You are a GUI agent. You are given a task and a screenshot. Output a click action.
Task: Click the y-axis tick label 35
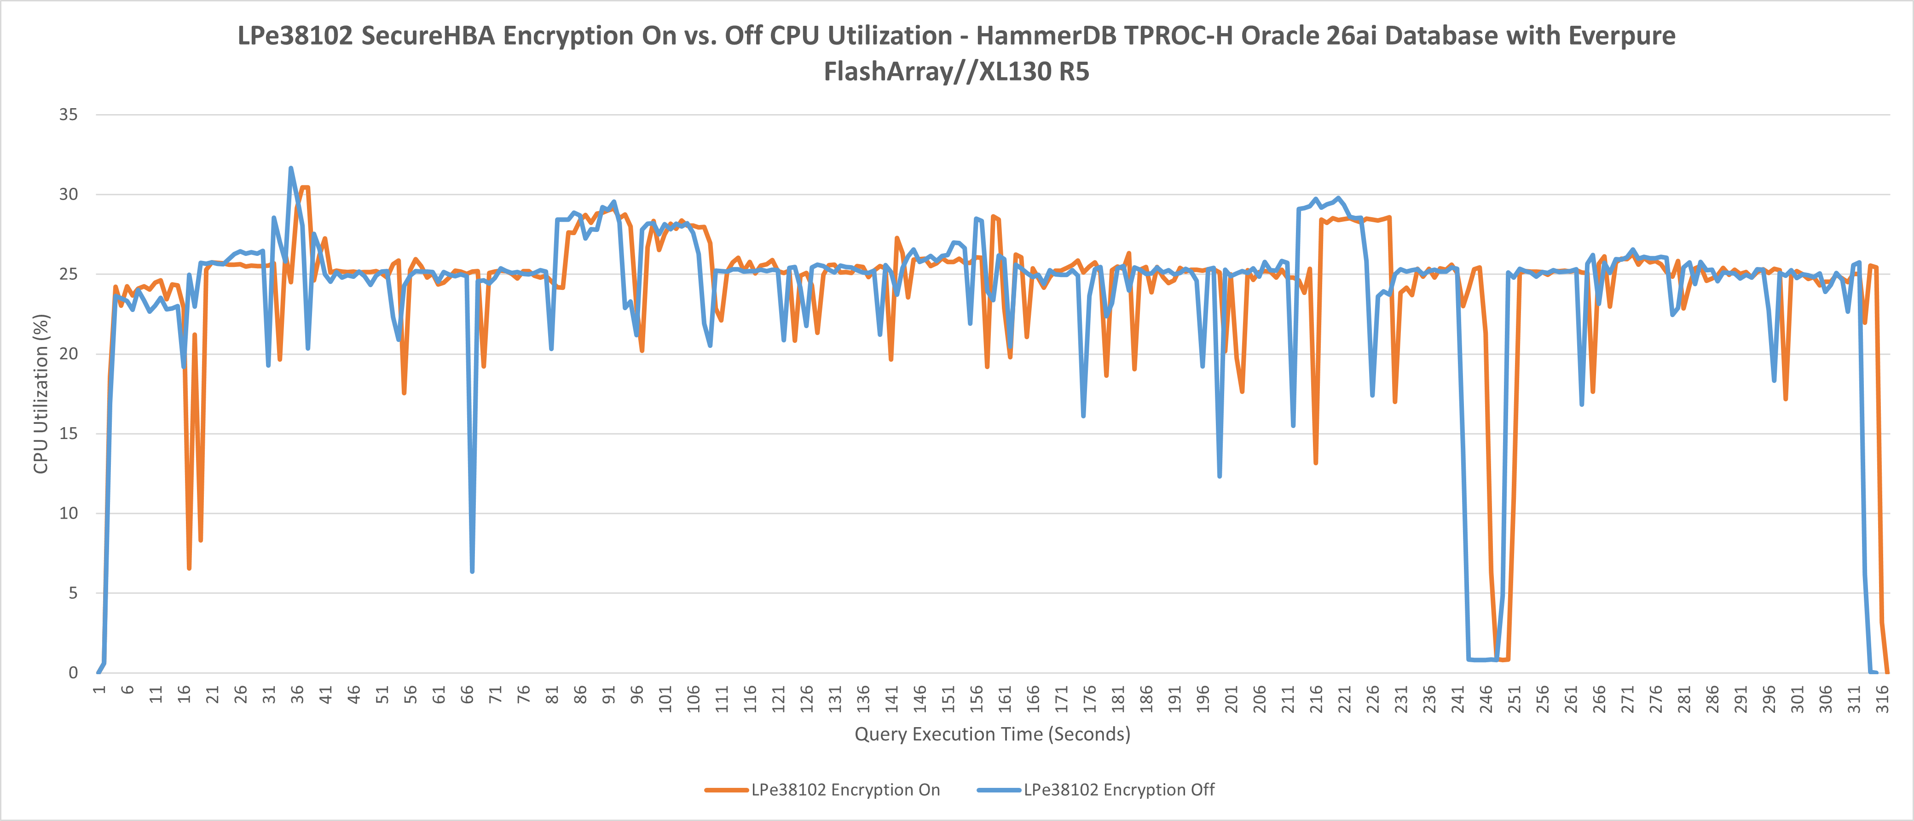pyautogui.click(x=69, y=115)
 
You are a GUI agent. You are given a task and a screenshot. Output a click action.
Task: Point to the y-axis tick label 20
pyautogui.click(x=69, y=353)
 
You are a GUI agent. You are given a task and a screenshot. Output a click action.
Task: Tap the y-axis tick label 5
pyautogui.click(x=73, y=593)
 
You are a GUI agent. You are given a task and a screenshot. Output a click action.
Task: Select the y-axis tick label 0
pyautogui.click(x=73, y=672)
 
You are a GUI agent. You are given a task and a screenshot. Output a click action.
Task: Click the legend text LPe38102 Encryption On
pyautogui.click(x=845, y=790)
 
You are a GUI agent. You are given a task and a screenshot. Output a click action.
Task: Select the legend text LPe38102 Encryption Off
pyautogui.click(x=1119, y=790)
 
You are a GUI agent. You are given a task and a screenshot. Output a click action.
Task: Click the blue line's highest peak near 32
pyautogui.click(x=290, y=168)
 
